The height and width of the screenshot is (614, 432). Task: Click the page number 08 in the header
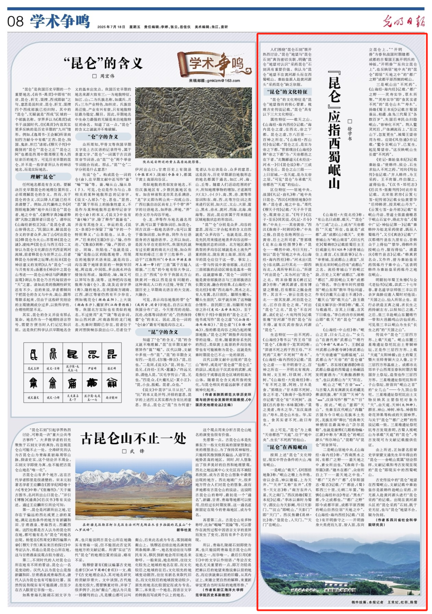coord(15,21)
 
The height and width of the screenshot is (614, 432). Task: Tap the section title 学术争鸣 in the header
coord(60,21)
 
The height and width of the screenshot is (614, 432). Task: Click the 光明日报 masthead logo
coord(403,21)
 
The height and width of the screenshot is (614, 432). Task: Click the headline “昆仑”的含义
coord(103,63)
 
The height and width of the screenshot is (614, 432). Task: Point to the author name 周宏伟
coord(104,76)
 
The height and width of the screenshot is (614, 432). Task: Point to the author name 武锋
coord(136,451)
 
